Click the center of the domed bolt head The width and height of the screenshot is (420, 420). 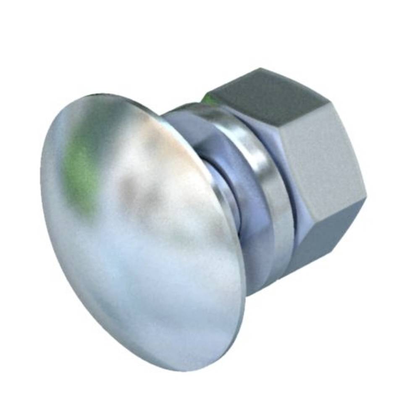tap(143, 231)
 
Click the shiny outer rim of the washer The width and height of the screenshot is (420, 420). tap(277, 202)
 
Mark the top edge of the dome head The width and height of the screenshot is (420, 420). tap(105, 95)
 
